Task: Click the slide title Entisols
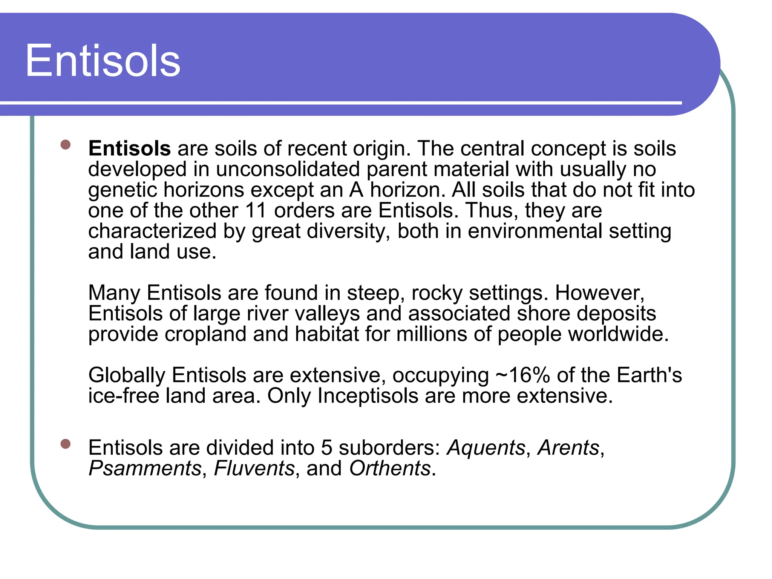pyautogui.click(x=103, y=61)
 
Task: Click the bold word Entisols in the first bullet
pyautogui.click(x=129, y=148)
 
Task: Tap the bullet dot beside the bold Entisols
pyautogui.click(x=66, y=145)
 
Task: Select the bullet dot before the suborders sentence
pyautogui.click(x=66, y=444)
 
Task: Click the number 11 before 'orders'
pyautogui.click(x=256, y=210)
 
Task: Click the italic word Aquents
pyautogui.click(x=486, y=448)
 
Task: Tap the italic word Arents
pyautogui.click(x=568, y=448)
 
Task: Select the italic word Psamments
pyautogui.click(x=145, y=469)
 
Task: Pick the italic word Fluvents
pyautogui.click(x=254, y=469)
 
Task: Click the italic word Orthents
pyautogui.click(x=390, y=469)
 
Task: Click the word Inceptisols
pyautogui.click(x=368, y=396)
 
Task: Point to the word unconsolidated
pyautogui.click(x=288, y=169)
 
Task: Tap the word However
pyautogui.click(x=599, y=293)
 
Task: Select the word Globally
pyautogui.click(x=127, y=376)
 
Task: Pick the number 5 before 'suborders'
pyautogui.click(x=326, y=448)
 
